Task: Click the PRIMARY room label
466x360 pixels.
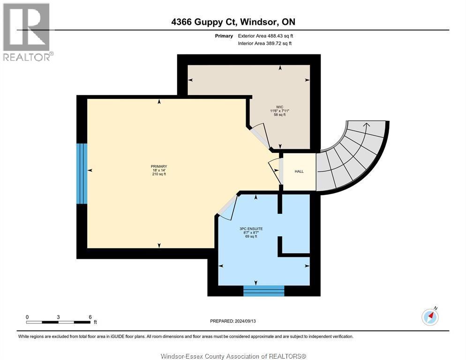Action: click(159, 166)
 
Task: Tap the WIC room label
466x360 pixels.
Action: click(280, 107)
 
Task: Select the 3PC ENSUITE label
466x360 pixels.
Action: click(251, 229)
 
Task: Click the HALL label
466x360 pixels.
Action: click(299, 172)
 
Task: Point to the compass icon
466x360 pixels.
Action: click(430, 316)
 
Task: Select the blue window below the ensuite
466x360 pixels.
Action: click(263, 291)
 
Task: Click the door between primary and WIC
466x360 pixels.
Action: click(260, 137)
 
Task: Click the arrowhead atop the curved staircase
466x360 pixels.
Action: click(367, 124)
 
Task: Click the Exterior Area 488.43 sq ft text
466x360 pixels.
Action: click(265, 36)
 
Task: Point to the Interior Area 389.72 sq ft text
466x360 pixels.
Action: click(264, 44)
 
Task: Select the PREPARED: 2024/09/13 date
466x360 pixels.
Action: click(233, 321)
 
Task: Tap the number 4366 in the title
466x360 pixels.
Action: click(181, 22)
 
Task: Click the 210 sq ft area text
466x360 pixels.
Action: click(159, 174)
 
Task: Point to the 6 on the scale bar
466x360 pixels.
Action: click(90, 317)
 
